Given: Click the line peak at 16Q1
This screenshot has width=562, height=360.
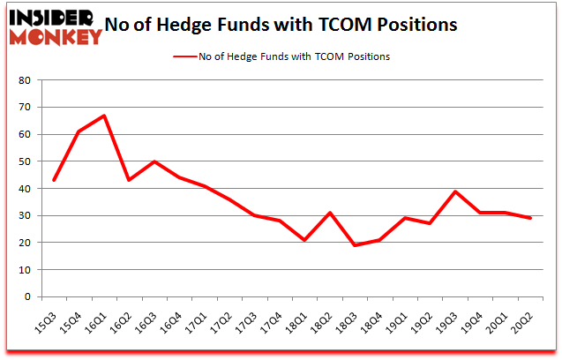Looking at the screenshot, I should pos(104,116).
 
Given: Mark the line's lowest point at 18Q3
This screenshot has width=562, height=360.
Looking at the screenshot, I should pos(354,245).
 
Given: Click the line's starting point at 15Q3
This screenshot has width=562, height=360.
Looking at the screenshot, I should pos(55,180).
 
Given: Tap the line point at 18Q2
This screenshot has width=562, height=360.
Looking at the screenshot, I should pos(329,213).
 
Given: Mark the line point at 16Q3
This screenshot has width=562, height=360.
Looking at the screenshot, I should pos(154,161).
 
